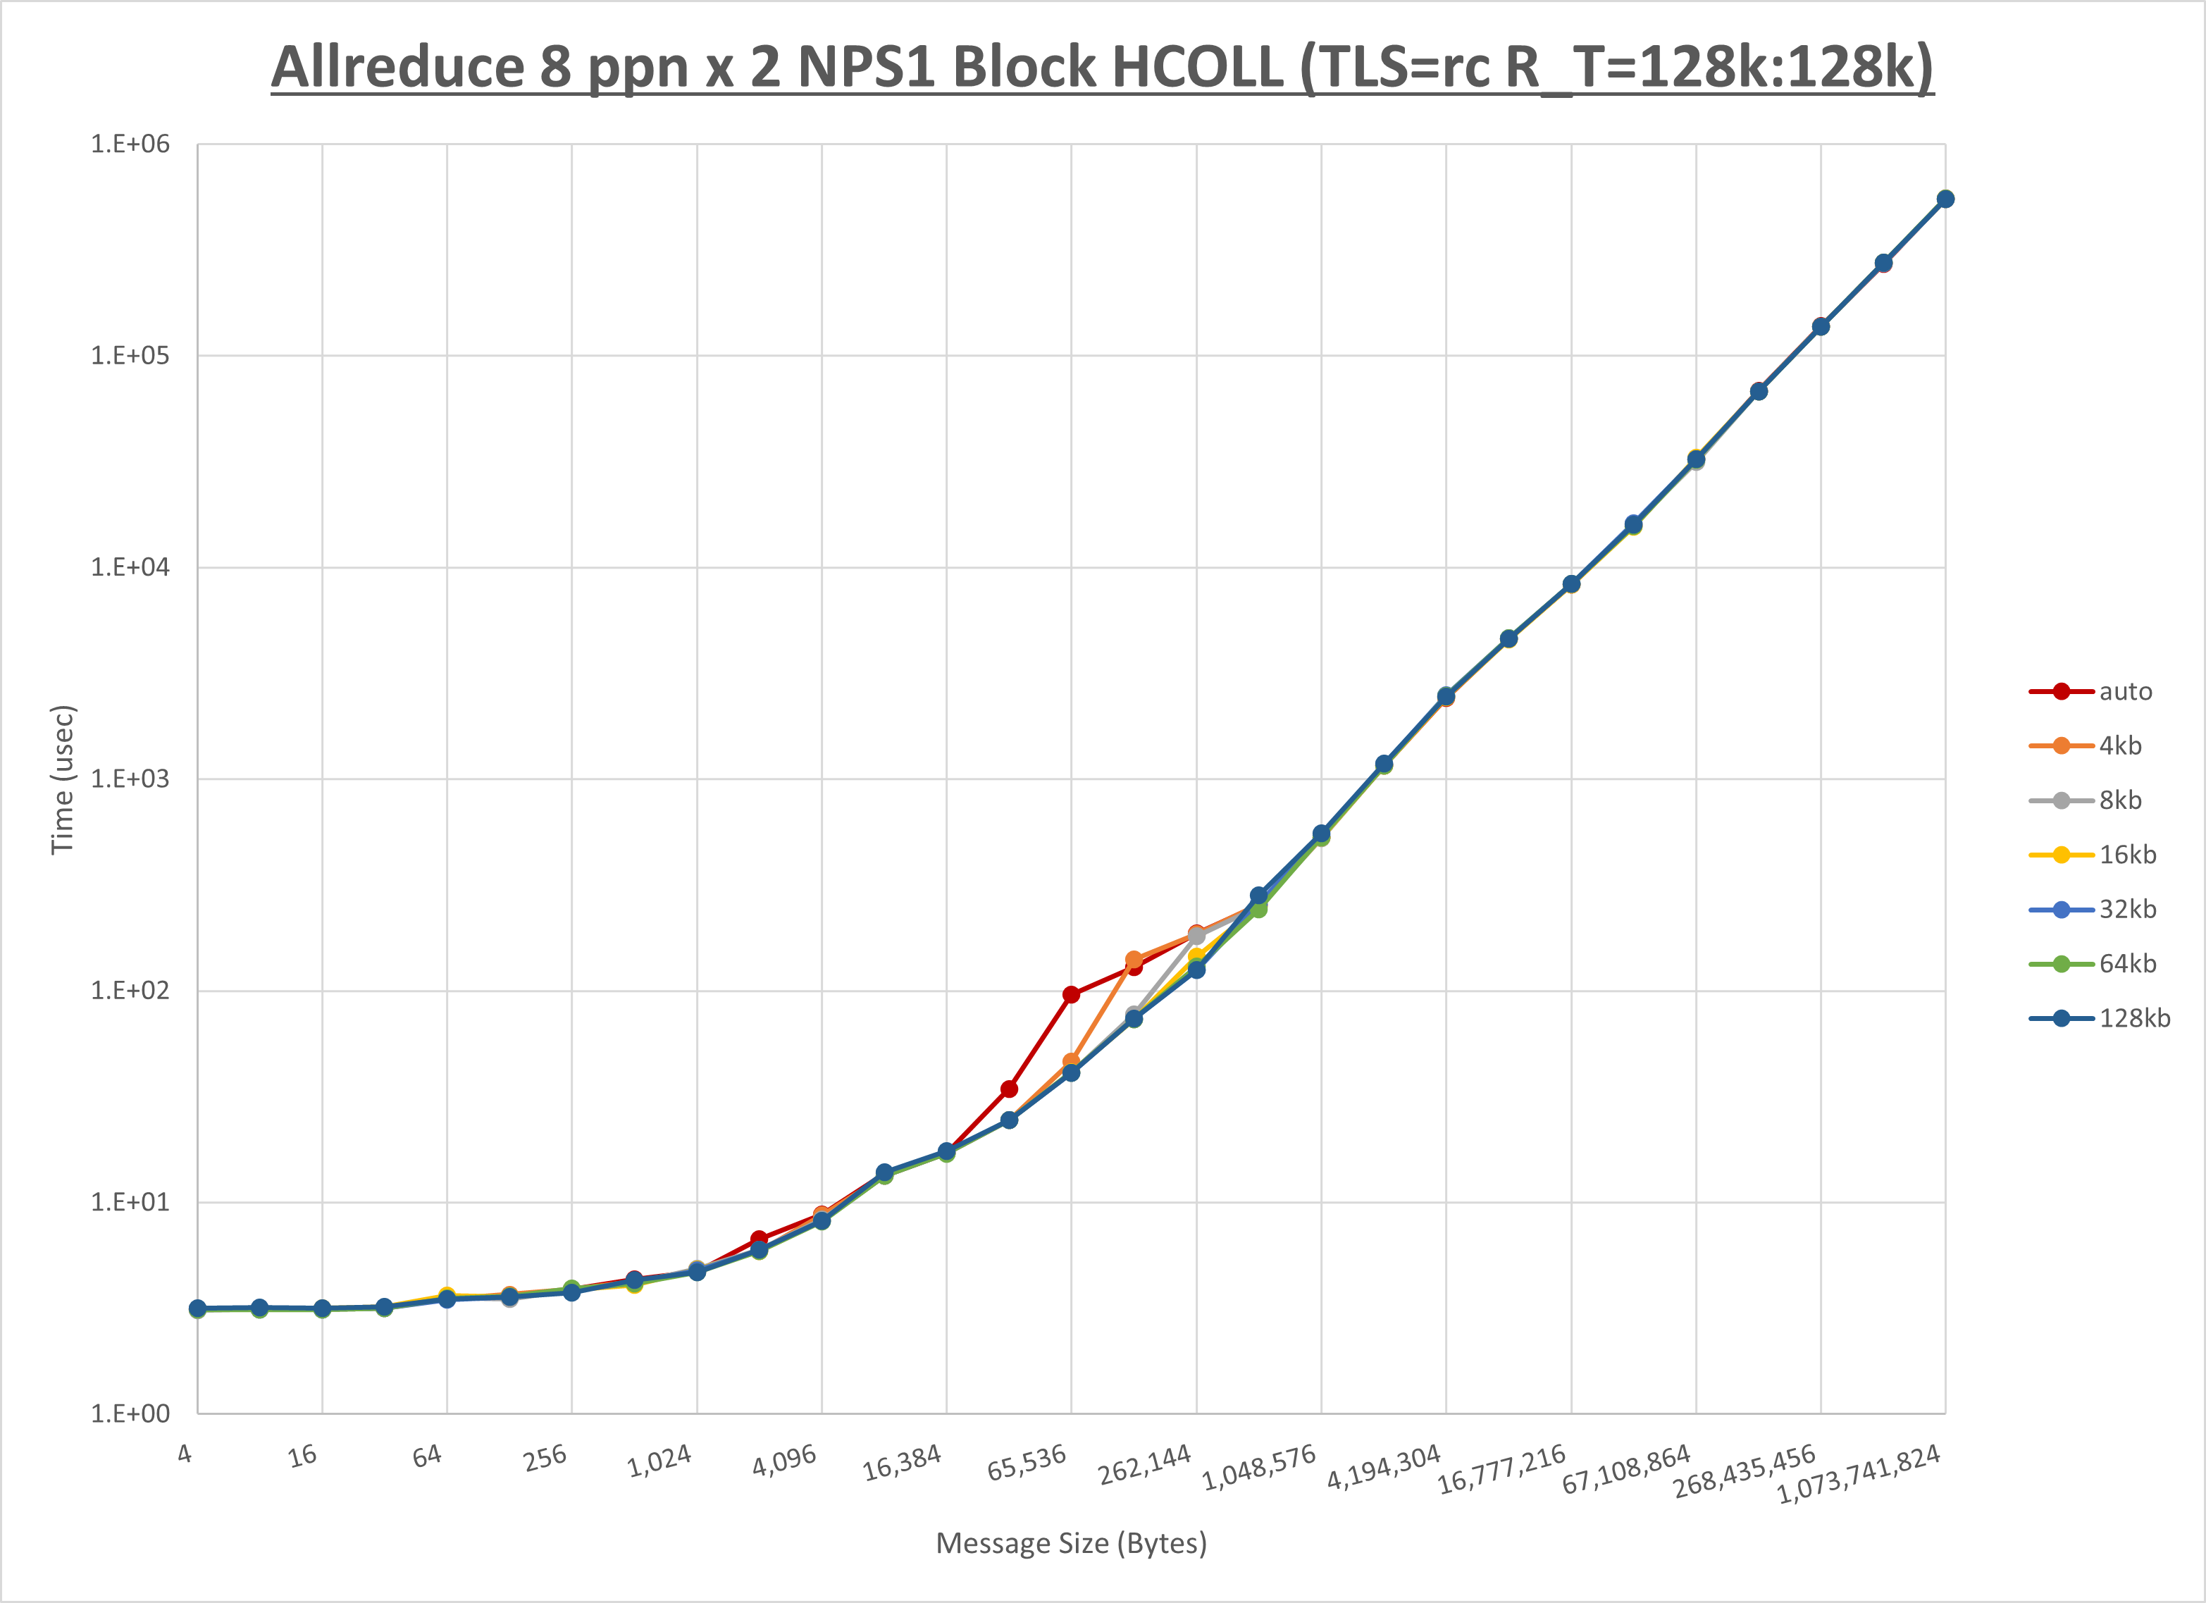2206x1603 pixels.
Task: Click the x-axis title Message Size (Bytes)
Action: pyautogui.click(x=1071, y=1544)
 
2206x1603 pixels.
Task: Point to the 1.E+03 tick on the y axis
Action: pyautogui.click(x=130, y=779)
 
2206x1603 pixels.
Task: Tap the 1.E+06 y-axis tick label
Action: pyautogui.click(x=130, y=144)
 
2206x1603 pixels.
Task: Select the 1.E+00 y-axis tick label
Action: pyautogui.click(x=130, y=1414)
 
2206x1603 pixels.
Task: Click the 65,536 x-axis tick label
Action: pyautogui.click(x=1027, y=1463)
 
